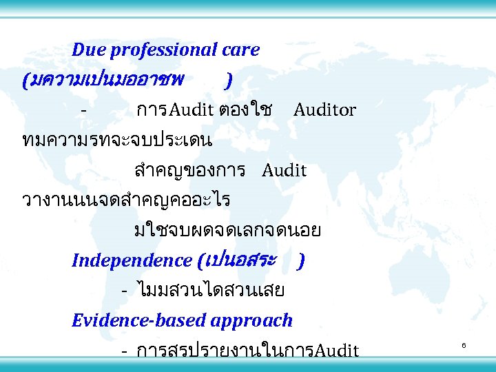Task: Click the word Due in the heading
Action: pyautogui.click(x=87, y=50)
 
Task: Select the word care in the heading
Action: pyautogui.click(x=241, y=50)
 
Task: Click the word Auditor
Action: pyautogui.click(x=324, y=110)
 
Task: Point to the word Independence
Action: pyautogui.click(x=132, y=260)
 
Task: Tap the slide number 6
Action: pyautogui.click(x=464, y=344)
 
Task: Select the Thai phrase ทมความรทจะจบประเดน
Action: pyautogui.click(x=117, y=140)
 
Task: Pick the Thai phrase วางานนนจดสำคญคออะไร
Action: pyautogui.click(x=126, y=200)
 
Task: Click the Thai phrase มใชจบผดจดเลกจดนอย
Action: pyautogui.click(x=227, y=231)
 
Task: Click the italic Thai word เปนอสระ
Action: pyautogui.click(x=242, y=260)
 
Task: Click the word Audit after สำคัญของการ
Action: pyautogui.click(x=284, y=170)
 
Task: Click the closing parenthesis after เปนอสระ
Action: pyautogui.click(x=302, y=261)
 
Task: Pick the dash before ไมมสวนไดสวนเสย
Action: pyautogui.click(x=124, y=291)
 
